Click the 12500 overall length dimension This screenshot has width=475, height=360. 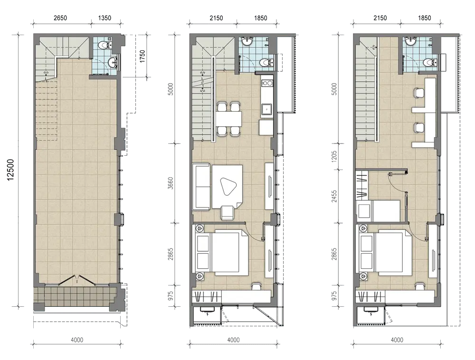click(10, 170)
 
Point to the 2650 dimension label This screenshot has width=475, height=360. click(60, 18)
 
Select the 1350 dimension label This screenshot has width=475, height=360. click(104, 18)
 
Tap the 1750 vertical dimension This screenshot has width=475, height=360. click(142, 57)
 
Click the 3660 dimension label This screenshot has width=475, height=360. click(171, 183)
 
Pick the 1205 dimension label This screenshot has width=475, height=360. click(334, 157)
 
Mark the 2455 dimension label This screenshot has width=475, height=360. click(334, 196)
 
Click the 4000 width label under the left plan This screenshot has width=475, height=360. click(77, 340)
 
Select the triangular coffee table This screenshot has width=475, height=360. click(228, 186)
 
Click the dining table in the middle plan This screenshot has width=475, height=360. click(229, 119)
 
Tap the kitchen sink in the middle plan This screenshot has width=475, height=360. click(267, 108)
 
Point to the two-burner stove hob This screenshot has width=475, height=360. click(267, 83)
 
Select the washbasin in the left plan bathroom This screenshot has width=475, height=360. click(113, 62)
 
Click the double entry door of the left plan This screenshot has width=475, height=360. click(77, 280)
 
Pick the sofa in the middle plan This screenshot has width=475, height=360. click(201, 187)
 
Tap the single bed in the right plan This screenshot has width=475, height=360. click(379, 211)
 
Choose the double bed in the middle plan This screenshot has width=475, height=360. click(222, 253)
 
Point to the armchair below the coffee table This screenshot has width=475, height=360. click(228, 213)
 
